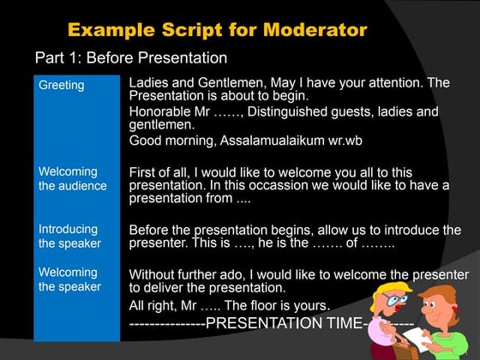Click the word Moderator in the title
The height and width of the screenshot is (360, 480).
tap(305, 30)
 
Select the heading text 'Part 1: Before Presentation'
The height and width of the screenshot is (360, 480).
tap(130, 58)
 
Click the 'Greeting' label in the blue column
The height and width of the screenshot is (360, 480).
tap(61, 85)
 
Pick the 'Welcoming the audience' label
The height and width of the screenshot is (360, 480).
tap(72, 178)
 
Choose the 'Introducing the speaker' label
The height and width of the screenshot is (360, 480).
tap(69, 236)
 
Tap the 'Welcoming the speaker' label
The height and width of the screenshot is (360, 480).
tap(69, 279)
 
